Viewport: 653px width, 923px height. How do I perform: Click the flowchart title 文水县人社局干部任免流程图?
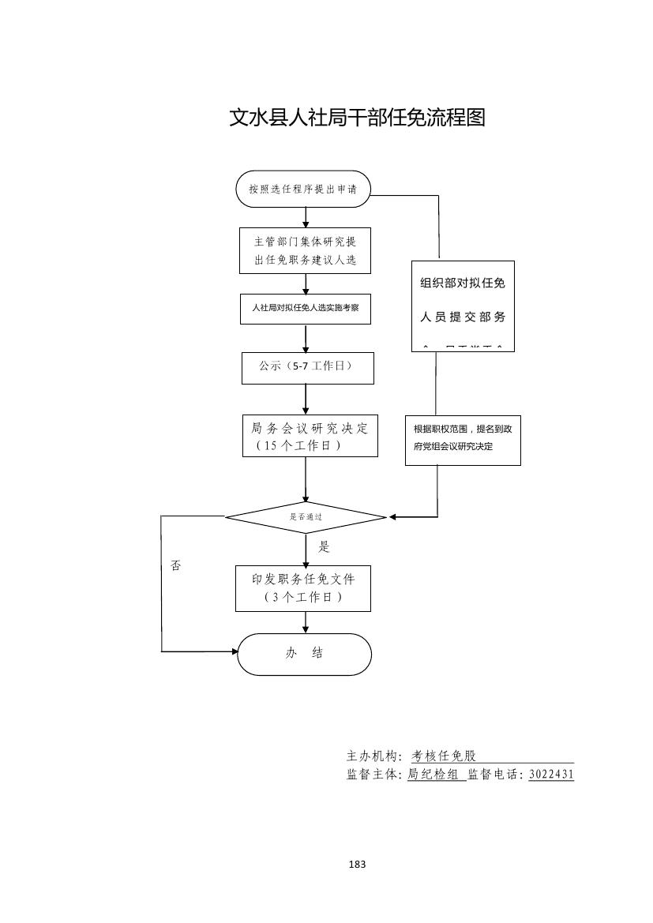pos(357,118)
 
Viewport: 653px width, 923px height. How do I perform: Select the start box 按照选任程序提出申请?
pos(304,189)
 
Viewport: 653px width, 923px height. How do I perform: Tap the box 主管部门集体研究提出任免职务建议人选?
pos(306,251)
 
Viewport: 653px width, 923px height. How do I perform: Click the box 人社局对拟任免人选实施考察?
pos(306,309)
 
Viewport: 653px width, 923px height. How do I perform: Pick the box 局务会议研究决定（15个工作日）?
pos(310,436)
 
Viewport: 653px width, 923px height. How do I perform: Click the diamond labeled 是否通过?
pos(306,518)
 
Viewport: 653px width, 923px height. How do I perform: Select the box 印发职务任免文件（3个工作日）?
pos(303,588)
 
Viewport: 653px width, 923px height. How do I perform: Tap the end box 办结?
pos(304,654)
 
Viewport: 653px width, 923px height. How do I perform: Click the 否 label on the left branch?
pos(175,566)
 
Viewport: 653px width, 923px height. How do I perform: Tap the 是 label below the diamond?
pos(324,546)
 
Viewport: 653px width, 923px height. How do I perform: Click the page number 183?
pos(357,865)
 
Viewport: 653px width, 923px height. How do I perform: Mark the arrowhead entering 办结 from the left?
pos(234,651)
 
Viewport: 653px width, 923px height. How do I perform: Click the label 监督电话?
pos(494,775)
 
